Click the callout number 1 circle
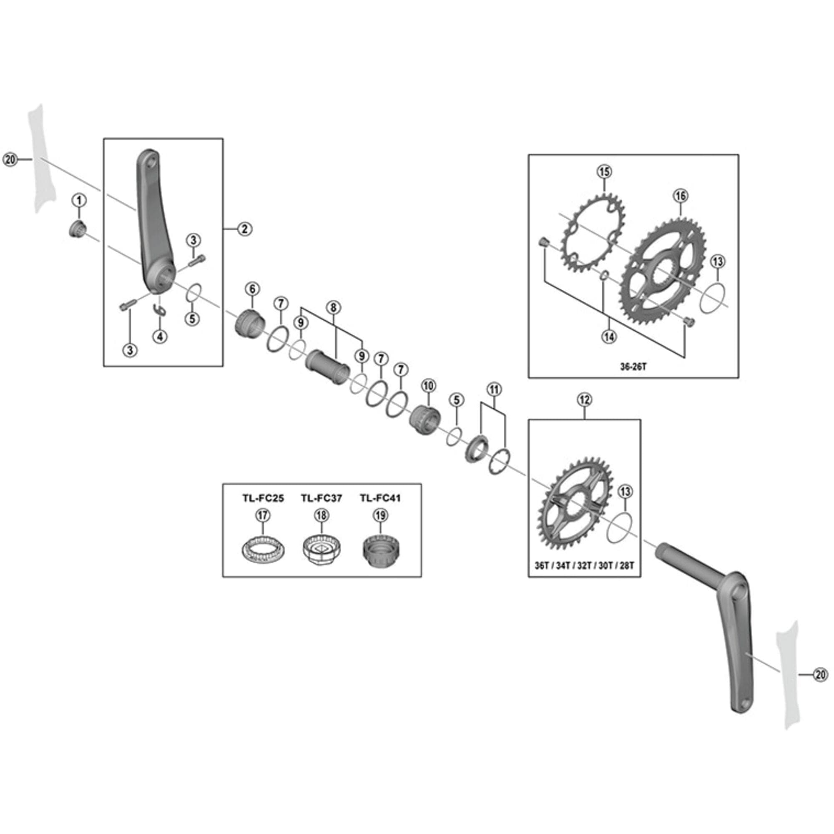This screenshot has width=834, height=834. (79, 200)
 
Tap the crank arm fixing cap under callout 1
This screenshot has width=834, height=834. (78, 228)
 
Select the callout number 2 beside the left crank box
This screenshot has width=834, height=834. (244, 229)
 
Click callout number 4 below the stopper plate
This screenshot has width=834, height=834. (160, 336)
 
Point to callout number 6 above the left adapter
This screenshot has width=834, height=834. (253, 289)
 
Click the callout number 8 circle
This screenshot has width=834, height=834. (333, 307)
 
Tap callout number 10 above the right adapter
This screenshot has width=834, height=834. (428, 385)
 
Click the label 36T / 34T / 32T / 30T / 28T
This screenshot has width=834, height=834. (584, 565)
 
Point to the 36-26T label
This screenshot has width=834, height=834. (633, 367)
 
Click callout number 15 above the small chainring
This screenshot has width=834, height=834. (604, 172)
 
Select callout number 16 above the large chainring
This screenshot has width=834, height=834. (680, 196)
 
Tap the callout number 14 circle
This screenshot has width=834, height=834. (609, 337)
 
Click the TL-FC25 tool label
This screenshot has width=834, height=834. (263, 498)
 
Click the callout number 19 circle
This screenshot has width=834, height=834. (380, 515)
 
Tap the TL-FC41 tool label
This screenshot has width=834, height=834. (380, 498)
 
